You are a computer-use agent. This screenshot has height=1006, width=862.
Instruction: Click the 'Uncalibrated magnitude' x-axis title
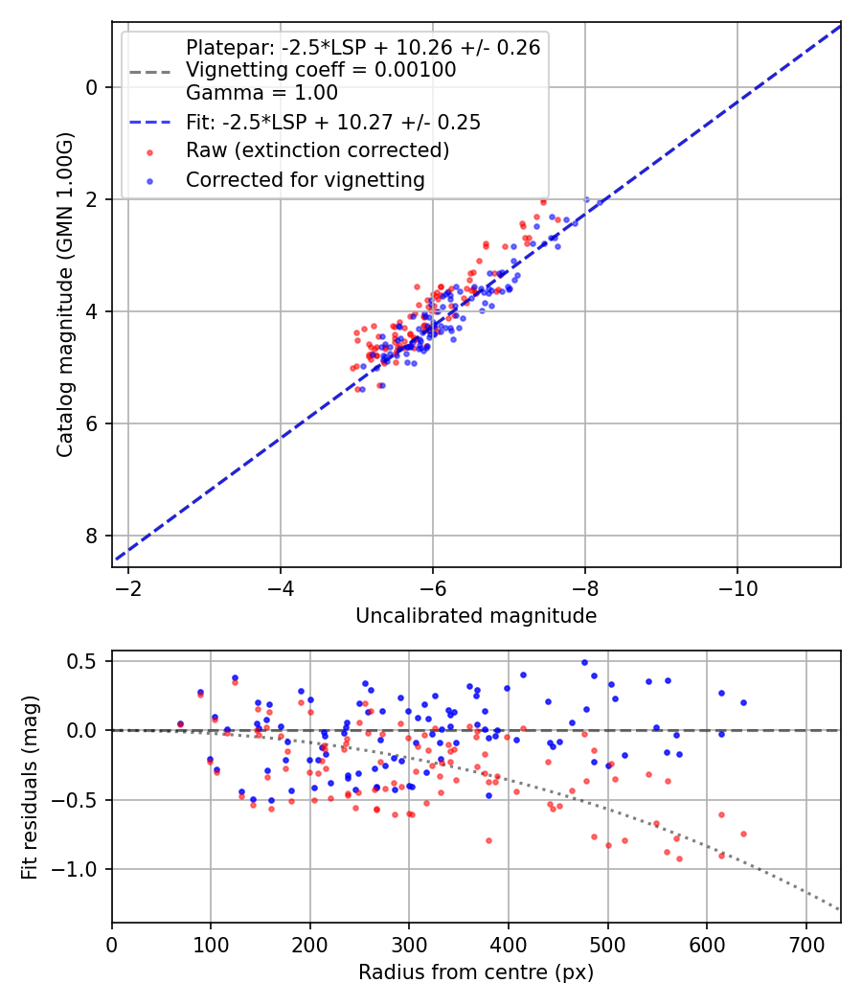[476, 616]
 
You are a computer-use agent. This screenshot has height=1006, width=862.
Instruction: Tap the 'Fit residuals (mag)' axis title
[30, 787]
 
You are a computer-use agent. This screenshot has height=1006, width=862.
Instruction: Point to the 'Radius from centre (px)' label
[476, 972]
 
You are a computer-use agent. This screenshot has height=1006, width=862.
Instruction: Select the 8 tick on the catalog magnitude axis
[92, 536]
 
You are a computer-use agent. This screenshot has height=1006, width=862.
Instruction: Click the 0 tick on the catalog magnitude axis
[92, 87]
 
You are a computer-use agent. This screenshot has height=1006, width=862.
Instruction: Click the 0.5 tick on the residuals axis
[83, 661]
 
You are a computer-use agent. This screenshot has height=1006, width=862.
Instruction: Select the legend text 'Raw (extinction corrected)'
[317, 150]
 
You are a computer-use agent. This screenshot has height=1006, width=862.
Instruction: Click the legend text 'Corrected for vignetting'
[305, 179]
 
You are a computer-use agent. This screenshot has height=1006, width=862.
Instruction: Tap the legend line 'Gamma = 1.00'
[261, 94]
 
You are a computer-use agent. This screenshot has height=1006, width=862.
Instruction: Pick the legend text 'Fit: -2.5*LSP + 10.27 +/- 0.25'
[332, 123]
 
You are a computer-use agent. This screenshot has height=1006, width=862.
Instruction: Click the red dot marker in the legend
[148, 151]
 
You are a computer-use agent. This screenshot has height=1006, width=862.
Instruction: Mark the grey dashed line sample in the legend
[148, 71]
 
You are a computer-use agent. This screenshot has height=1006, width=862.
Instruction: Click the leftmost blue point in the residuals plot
[180, 724]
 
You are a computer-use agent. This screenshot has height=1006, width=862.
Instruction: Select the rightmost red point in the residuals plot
[743, 834]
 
